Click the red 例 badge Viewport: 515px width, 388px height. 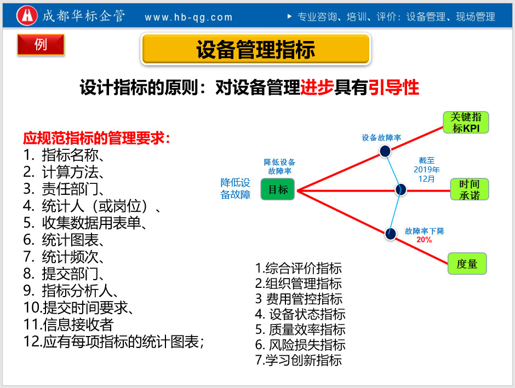pyautogui.click(x=41, y=45)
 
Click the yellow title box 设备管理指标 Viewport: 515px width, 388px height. pyautogui.click(x=256, y=49)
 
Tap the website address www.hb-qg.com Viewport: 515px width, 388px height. pyautogui.click(x=188, y=18)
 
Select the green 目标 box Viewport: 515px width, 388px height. pyautogui.click(x=278, y=189)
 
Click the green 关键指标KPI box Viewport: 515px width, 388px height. pyautogui.click(x=465, y=123)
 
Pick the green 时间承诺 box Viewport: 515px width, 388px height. pyautogui.click(x=469, y=189)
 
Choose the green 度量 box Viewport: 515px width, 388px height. pyautogui.click(x=467, y=264)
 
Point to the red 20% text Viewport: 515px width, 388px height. pyautogui.click(x=424, y=240)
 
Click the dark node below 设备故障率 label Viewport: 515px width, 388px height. pyautogui.click(x=385, y=151)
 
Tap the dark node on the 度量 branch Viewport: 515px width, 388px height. pyautogui.click(x=390, y=233)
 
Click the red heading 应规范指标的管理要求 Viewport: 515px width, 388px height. pyautogui.click(x=96, y=138)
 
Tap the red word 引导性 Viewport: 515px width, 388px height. pyautogui.click(x=393, y=88)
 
